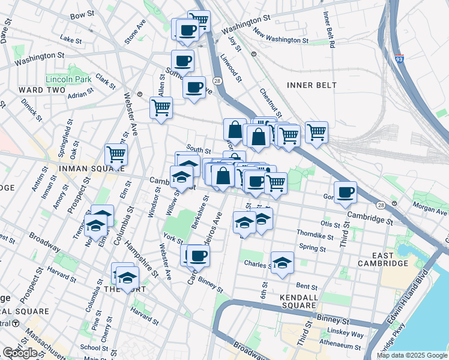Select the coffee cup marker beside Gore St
pos(345,193)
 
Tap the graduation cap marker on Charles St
pos(282,263)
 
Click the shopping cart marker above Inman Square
pos(116,154)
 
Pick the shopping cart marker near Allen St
pos(160,108)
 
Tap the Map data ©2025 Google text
pos(412,355)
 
